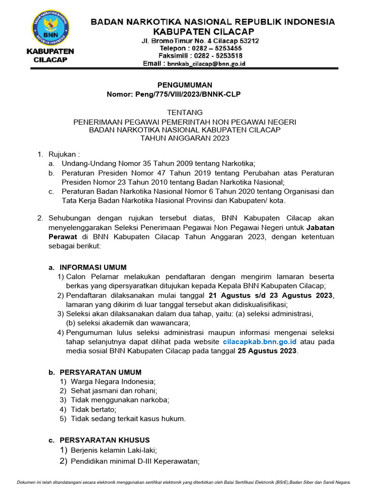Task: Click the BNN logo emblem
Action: (50, 27)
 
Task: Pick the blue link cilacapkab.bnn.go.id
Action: (260, 342)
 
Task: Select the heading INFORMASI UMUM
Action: (93, 268)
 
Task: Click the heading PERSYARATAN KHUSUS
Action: (105, 440)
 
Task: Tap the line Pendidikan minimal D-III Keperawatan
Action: (135, 462)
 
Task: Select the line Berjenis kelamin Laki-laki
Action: (114, 451)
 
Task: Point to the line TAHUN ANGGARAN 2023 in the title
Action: (185, 138)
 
